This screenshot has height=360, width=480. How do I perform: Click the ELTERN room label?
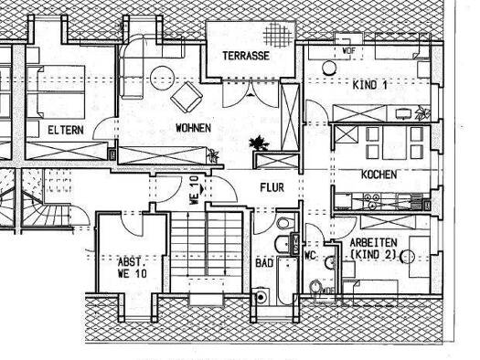click(66, 130)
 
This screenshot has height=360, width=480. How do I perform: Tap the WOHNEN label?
click(194, 129)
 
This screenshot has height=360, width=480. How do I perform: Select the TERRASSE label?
click(244, 56)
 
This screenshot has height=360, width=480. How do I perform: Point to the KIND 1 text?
click(369, 84)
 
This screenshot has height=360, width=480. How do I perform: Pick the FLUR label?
click(271, 188)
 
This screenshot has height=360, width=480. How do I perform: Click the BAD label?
click(264, 262)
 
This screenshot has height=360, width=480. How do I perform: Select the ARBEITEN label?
click(374, 243)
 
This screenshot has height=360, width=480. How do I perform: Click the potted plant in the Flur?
click(257, 143)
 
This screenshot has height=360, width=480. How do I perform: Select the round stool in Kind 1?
click(326, 67)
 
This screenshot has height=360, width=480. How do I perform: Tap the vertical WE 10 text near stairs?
click(194, 189)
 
